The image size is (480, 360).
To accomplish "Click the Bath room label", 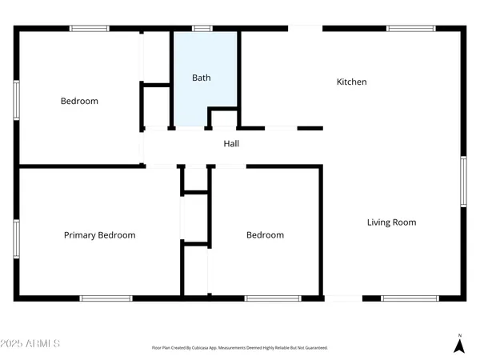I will (201, 78).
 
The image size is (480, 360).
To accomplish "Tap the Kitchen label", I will (351, 82).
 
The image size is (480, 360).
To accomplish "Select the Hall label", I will (231, 144).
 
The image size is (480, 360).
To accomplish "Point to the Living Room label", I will (391, 222).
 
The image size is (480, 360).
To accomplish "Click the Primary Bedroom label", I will (99, 235).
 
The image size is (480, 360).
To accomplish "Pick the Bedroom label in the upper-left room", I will (79, 101).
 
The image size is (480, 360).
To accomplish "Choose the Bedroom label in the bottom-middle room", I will (265, 235).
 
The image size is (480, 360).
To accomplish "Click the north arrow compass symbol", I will (459, 344).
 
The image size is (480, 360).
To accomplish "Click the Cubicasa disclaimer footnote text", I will (240, 348).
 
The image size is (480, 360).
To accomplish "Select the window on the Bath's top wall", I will (203, 29).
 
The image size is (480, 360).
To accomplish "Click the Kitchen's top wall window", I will (410, 29).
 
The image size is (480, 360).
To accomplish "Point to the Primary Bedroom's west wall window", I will (16, 239).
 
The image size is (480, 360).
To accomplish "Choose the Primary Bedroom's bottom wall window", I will (106, 298).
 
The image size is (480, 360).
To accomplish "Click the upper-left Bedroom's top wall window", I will (90, 29).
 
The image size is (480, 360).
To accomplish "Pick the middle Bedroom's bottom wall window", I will (267, 298).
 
